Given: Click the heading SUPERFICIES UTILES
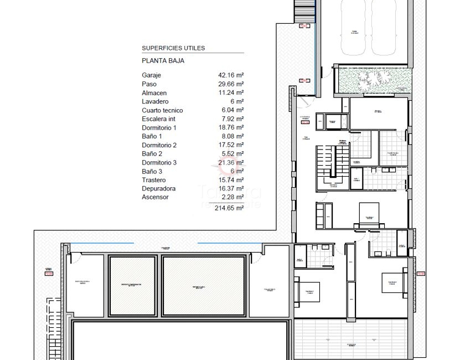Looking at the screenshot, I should point(173,48).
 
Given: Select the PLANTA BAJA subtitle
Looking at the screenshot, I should point(163,61).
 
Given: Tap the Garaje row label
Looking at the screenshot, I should point(151,75).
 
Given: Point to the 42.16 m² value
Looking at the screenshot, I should point(231,75).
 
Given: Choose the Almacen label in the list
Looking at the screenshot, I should point(154,93).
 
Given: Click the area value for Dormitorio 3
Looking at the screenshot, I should point(231,162).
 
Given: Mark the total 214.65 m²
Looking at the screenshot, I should point(229,208).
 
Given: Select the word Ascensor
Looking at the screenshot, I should point(155,197).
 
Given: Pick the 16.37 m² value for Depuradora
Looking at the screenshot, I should point(231,188).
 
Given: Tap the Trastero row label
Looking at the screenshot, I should point(153,180).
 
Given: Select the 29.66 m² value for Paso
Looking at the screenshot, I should point(231,84).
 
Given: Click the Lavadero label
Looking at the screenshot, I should point(155,102).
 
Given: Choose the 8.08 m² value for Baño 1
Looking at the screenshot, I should point(233,136).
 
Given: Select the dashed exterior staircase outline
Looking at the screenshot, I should point(303,11).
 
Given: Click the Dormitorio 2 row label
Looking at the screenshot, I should point(159,145).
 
